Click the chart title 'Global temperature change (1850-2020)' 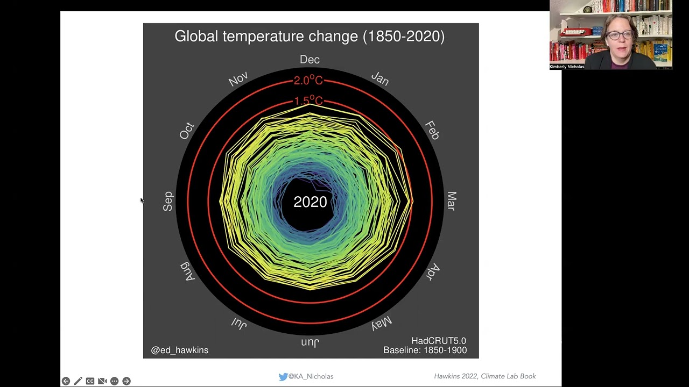(310, 37)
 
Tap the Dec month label (310, 60)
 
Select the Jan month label (379, 79)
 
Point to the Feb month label (432, 131)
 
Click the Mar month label (451, 201)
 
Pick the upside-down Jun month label (310, 342)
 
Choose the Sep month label (168, 201)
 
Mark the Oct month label (187, 131)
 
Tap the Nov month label (238, 80)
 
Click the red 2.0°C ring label (308, 81)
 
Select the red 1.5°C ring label (308, 101)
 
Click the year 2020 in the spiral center (310, 202)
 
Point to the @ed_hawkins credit (180, 350)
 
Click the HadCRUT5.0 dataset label (439, 341)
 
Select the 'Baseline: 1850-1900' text (425, 350)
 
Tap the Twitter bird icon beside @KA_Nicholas (283, 376)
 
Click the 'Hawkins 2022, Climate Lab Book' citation (485, 376)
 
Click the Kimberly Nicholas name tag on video (567, 67)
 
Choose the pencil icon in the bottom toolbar (78, 381)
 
